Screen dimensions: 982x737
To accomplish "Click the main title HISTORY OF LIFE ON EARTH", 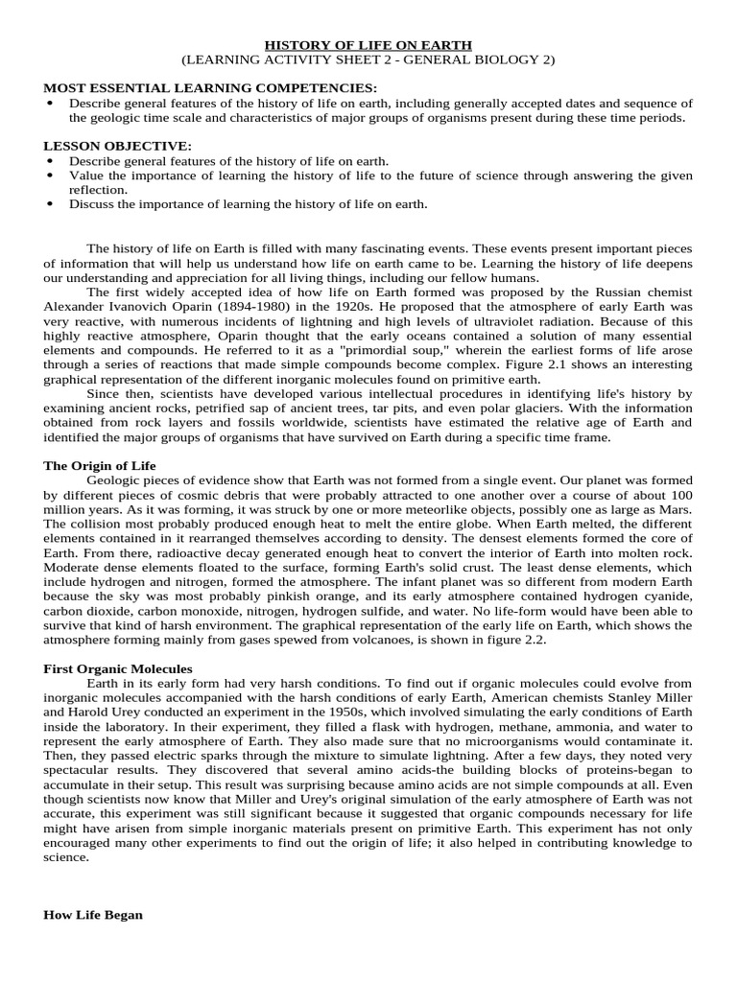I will [x=368, y=45].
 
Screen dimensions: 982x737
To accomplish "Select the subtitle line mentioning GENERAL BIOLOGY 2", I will [x=368, y=59].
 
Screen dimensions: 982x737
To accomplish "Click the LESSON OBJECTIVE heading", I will [x=118, y=146].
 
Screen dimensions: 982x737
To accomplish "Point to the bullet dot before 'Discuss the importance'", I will [x=50, y=204].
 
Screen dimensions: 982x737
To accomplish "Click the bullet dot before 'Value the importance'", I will [x=50, y=176].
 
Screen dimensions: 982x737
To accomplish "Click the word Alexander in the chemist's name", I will [x=78, y=306].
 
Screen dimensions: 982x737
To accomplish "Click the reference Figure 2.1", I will [x=492, y=366].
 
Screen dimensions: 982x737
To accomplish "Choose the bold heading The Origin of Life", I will [x=100, y=465].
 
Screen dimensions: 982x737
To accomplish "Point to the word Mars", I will [x=675, y=510].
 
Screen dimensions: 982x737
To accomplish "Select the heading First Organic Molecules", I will [x=118, y=667].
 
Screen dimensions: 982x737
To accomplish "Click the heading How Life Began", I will [x=93, y=915].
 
